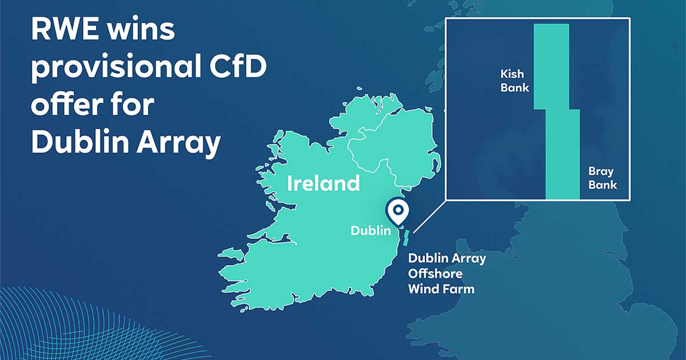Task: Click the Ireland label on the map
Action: pos(323,183)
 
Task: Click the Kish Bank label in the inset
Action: pos(514,81)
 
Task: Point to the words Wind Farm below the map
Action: pos(441,289)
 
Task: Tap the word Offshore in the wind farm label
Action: pos(435,274)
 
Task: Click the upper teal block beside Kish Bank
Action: pos(551,66)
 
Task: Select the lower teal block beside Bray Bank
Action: pos(563,154)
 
